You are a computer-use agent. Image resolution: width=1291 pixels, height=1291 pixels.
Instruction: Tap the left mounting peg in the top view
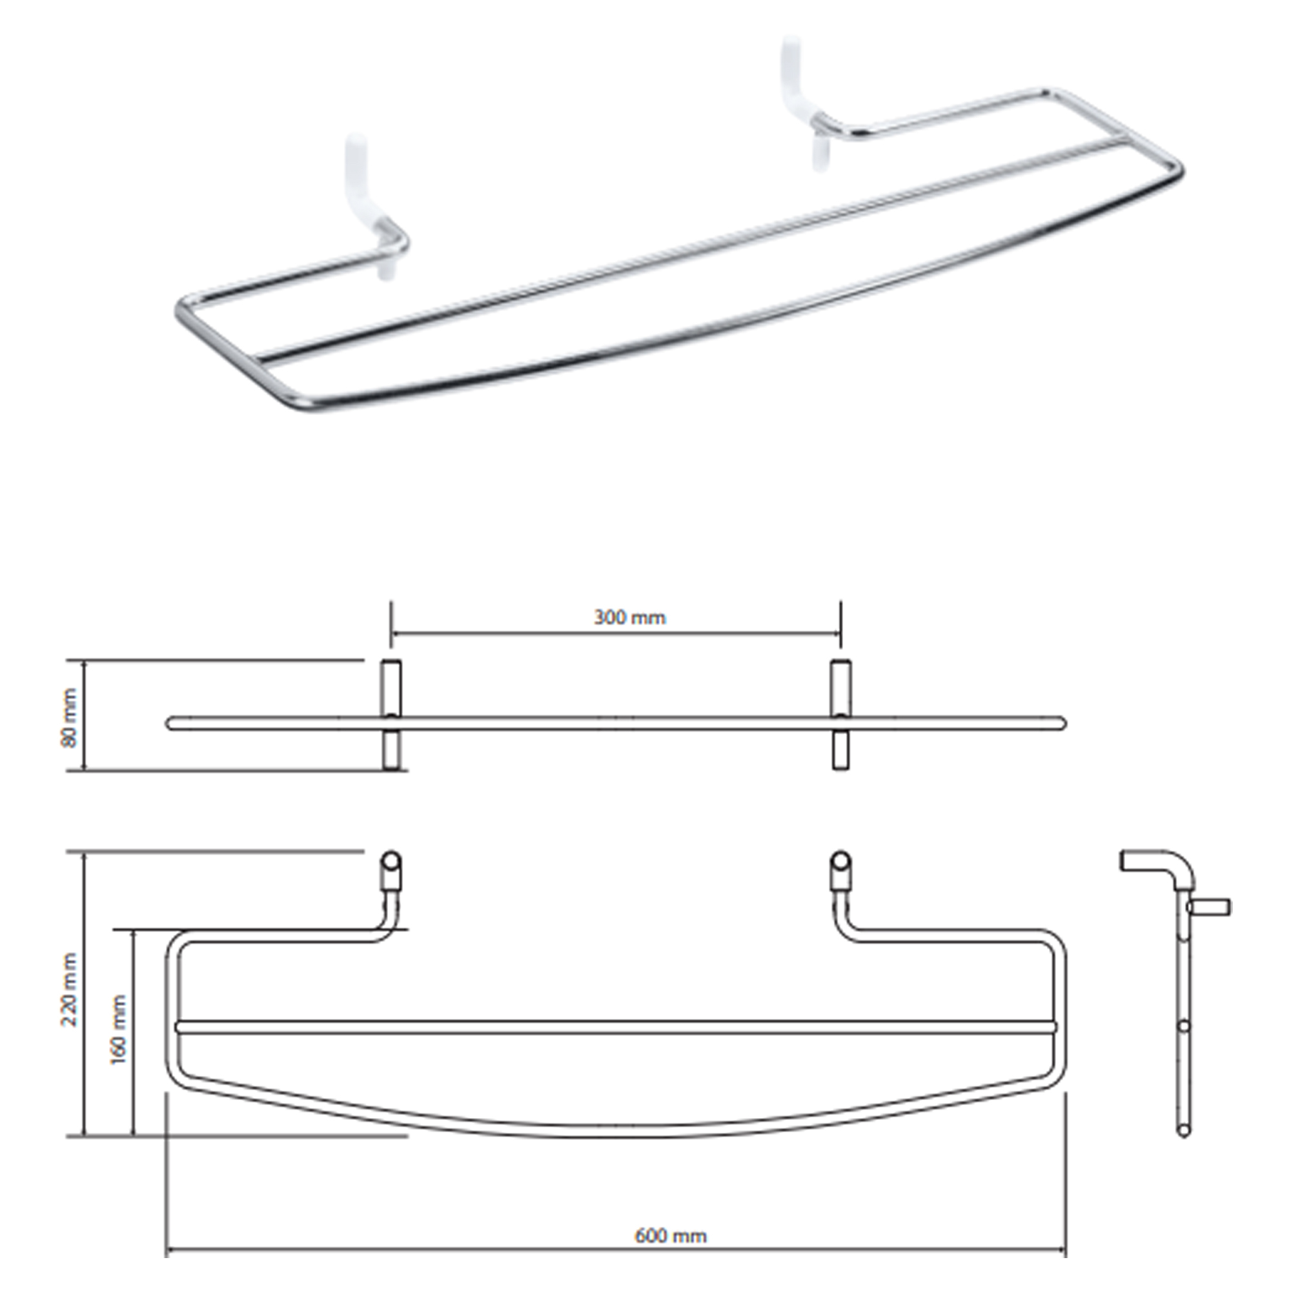[392, 715]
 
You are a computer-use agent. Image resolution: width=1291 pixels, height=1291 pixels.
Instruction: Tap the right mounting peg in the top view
[840, 715]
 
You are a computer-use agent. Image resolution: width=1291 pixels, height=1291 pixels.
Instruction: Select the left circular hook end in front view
[392, 859]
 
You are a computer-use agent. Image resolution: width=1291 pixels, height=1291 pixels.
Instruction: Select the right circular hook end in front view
[840, 859]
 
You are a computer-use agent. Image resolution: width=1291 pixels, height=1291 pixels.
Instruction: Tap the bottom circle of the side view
[1184, 1130]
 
